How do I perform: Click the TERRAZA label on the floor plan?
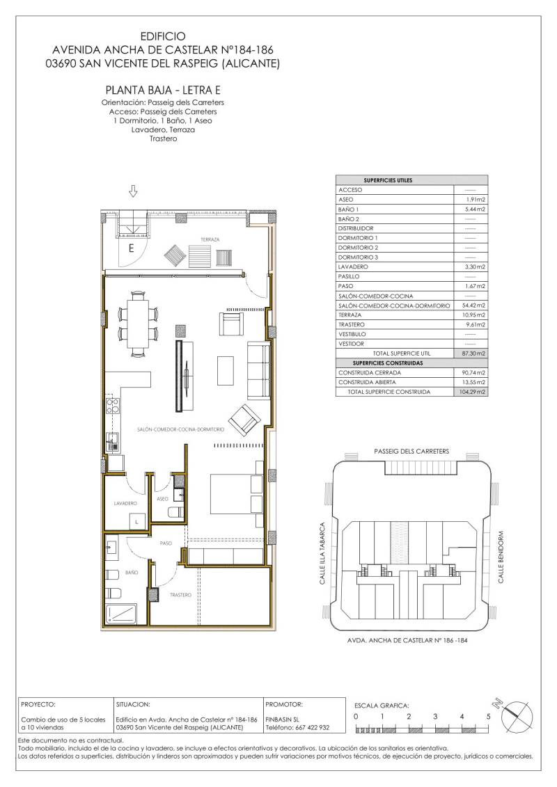click(210, 239)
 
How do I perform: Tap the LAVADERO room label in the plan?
click(125, 503)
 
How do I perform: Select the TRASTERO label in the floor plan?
click(180, 595)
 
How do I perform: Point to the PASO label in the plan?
click(165, 543)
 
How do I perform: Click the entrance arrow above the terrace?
click(133, 191)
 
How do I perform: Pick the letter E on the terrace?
click(132, 248)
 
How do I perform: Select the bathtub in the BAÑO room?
click(121, 612)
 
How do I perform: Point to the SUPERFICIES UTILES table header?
click(388, 180)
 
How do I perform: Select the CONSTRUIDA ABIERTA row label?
click(367, 383)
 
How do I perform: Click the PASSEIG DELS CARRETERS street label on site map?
click(411, 451)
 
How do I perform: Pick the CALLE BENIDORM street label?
click(501, 557)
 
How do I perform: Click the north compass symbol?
click(515, 713)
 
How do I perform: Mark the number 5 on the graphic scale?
click(488, 717)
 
